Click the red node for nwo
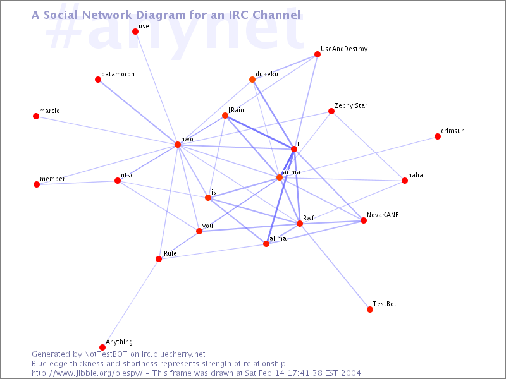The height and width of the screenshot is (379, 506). (178, 145)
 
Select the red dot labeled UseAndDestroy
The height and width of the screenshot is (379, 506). (318, 54)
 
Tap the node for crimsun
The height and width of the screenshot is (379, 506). (438, 136)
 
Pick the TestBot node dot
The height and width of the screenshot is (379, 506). (370, 310)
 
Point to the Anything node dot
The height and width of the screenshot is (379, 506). (102, 347)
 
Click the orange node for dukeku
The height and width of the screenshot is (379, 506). (252, 80)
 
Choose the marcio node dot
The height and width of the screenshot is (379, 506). (36, 116)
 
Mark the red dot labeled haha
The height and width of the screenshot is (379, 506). (405, 181)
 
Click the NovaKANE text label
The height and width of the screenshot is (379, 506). (383, 215)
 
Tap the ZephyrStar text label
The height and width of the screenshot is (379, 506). (351, 105)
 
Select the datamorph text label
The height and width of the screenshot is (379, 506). (118, 74)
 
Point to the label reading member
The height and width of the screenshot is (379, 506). (52, 179)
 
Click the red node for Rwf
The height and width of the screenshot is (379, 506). (300, 224)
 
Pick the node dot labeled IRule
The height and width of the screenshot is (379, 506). (159, 259)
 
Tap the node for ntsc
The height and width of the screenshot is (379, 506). (118, 181)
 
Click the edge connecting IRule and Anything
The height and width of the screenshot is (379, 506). (130, 303)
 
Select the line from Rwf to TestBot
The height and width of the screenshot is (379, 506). (335, 267)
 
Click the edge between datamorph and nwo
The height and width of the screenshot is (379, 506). (138, 112)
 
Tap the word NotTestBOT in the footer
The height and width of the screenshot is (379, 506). (106, 354)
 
